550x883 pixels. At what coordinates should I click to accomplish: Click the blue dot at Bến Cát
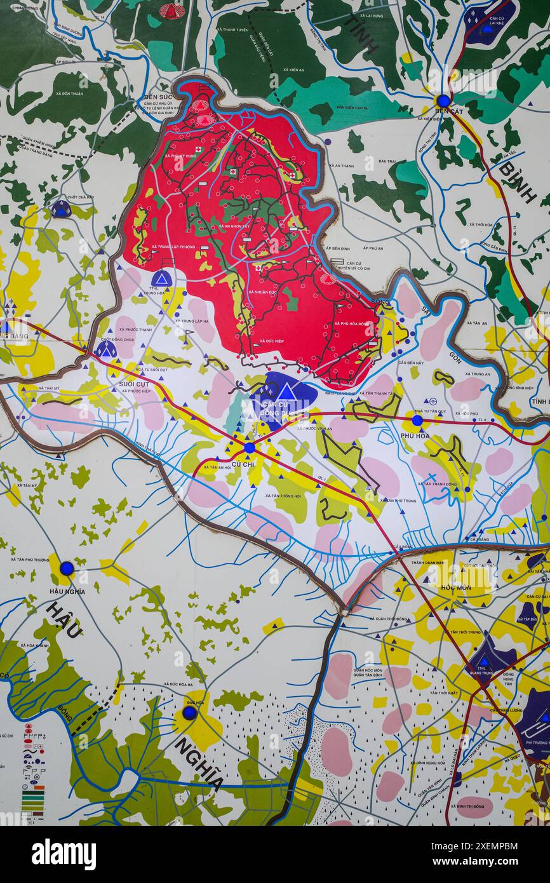pos(443,100)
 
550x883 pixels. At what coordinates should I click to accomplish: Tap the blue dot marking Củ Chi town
pos(250,447)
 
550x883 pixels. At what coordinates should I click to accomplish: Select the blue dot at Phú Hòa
pos(417,420)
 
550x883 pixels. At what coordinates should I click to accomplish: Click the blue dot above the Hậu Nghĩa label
pos(67,568)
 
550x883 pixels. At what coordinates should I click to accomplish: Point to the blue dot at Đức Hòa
pos(189,712)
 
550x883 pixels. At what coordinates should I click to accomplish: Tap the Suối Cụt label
pos(134,384)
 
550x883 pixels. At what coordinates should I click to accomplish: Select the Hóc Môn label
pos(456,588)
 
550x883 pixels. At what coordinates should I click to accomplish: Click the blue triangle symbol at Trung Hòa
pos(161,279)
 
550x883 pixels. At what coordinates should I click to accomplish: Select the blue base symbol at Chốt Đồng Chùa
pos(106,349)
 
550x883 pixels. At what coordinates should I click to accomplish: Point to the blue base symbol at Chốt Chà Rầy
pos(61,208)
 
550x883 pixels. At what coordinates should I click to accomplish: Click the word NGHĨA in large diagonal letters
pos(199,762)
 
